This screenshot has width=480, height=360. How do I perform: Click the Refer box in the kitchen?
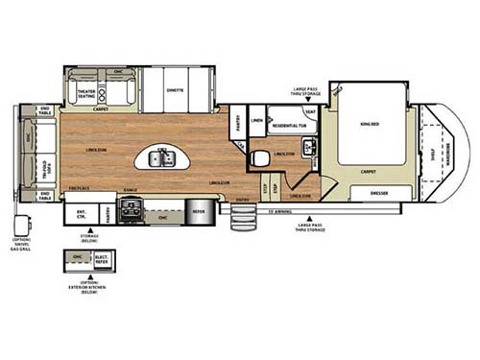198,212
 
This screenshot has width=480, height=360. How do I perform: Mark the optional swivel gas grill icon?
19,225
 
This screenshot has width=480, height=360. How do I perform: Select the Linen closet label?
256,120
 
